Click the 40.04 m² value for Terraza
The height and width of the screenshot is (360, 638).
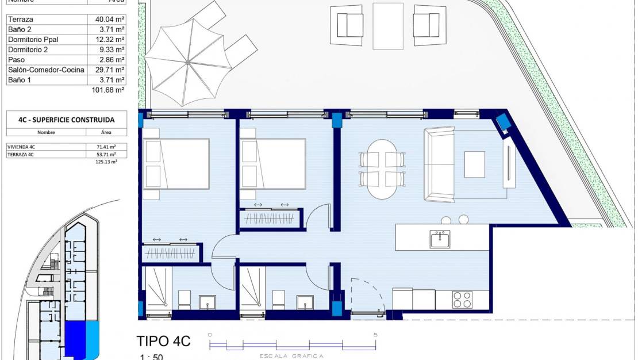coord(110,19)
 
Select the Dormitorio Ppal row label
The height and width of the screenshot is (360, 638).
coord(33,40)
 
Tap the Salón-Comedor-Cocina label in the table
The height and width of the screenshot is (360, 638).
coord(46,70)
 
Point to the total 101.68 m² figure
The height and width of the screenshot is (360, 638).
coord(108,90)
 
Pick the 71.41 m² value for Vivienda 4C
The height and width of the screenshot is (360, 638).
coord(106,147)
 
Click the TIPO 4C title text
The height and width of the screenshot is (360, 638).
coord(163,341)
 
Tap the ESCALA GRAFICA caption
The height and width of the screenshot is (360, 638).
coord(293,356)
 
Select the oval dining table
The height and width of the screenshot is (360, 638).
coord(382,169)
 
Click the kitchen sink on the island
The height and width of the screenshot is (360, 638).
coord(440,239)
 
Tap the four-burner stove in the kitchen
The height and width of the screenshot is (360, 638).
coord(462,300)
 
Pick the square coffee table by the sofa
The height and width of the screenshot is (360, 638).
coord(474,164)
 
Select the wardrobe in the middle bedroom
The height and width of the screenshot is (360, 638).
coord(269,219)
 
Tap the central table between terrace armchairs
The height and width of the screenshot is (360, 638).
coord(388,26)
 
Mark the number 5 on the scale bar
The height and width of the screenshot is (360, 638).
coord(375,335)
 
